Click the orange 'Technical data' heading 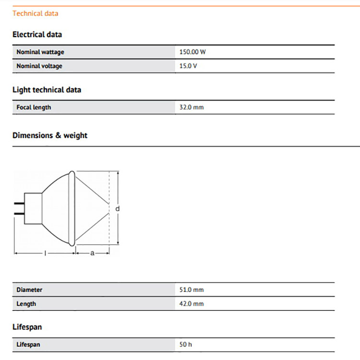click(x=35, y=13)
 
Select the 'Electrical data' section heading click(x=37, y=35)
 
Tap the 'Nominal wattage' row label click(x=40, y=52)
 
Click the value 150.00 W click(x=192, y=52)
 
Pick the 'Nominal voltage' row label click(x=39, y=66)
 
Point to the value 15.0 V click(x=188, y=66)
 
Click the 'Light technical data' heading click(x=47, y=90)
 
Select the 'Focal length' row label click(x=34, y=107)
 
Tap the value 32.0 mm click(x=192, y=107)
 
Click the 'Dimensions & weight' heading click(x=50, y=135)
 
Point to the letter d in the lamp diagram click(x=118, y=209)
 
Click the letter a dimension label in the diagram click(x=92, y=253)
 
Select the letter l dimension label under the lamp click(x=45, y=253)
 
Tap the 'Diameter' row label click(x=29, y=290)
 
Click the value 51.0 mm click(x=192, y=290)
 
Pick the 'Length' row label click(x=26, y=304)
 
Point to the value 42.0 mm click(x=192, y=304)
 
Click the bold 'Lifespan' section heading click(x=27, y=327)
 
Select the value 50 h click(x=186, y=345)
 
